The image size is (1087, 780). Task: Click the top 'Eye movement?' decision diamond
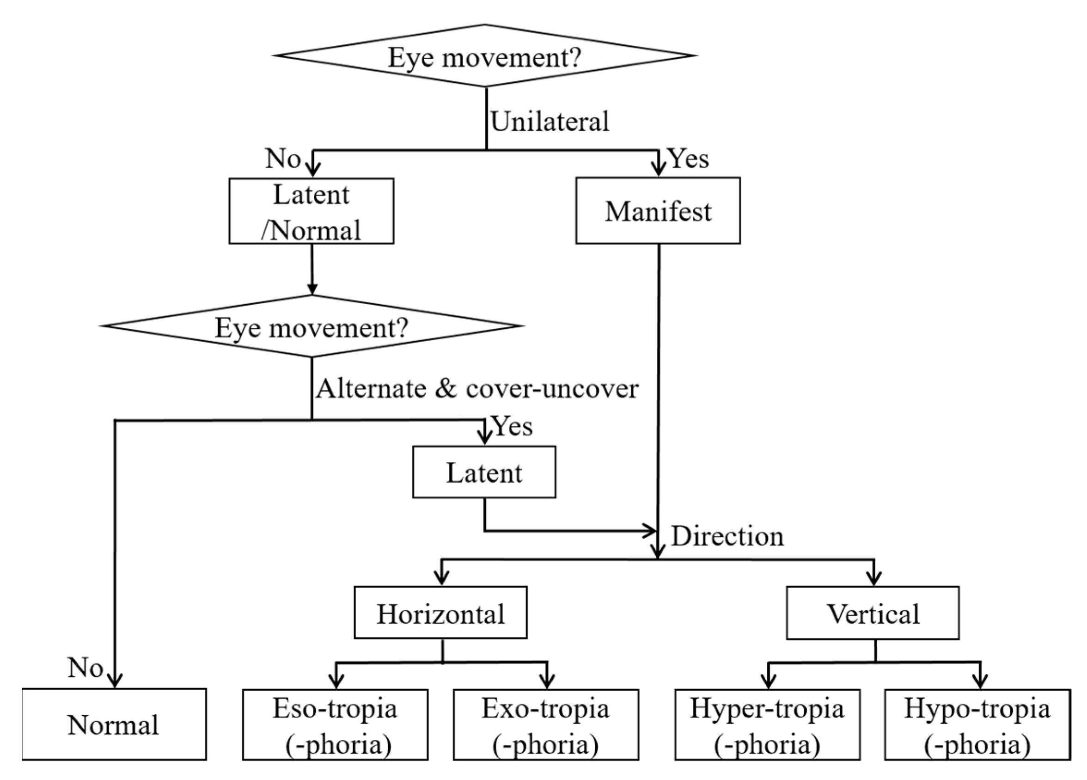(484, 56)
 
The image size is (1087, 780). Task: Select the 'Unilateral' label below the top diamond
(549, 121)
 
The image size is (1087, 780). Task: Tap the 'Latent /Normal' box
(311, 211)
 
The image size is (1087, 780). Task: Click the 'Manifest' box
(658, 211)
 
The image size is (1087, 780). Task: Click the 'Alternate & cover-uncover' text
(476, 388)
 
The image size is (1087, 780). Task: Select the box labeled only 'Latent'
(484, 473)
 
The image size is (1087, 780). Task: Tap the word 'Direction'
(727, 536)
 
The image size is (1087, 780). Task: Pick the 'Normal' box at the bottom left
(114, 725)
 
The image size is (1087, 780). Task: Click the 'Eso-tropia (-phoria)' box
(335, 725)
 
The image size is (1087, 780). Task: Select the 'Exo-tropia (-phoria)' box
(545, 725)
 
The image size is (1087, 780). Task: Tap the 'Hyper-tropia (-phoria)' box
(767, 725)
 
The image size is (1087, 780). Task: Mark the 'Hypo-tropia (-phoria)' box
(977, 725)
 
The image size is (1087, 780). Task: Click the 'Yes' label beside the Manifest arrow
(689, 158)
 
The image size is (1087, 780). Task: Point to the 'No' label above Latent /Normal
(283, 158)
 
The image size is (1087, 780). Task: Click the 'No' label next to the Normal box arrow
(85, 667)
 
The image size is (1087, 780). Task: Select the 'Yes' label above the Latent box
(513, 426)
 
